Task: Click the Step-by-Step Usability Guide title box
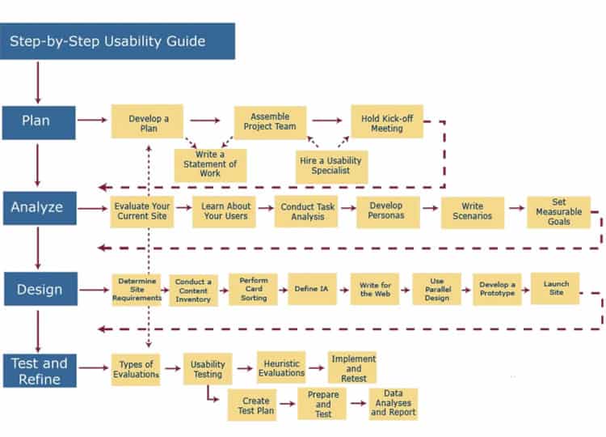pos(118,41)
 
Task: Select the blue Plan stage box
pos(39,121)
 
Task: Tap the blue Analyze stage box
pos(39,207)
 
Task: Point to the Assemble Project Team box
pos(270,121)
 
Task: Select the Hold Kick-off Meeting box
pos(381,123)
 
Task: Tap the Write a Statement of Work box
pos(211,164)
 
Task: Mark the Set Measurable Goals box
pos(559,211)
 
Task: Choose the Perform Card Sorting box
pos(253,289)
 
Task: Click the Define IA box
pos(312,289)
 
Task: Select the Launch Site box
pos(555,288)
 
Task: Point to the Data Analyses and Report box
pos(393,403)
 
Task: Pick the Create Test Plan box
pos(256,405)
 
